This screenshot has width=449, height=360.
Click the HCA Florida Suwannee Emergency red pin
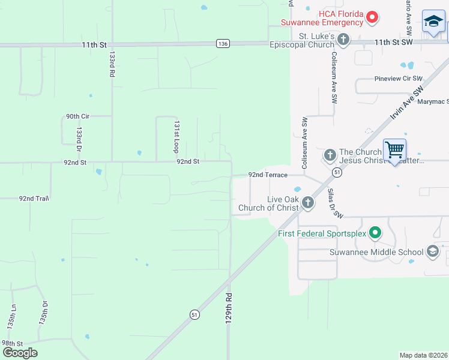point(372,17)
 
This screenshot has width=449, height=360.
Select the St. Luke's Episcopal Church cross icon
point(343,40)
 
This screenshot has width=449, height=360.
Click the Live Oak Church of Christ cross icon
point(307,202)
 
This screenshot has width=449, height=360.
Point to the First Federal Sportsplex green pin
point(375,232)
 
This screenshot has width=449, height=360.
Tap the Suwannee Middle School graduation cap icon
point(432,252)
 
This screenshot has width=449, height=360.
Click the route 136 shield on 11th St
point(223,44)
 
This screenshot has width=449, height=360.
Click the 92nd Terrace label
point(268,175)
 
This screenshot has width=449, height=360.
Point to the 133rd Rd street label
point(112,64)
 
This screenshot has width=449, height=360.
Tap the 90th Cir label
point(77,116)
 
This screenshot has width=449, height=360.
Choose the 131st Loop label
point(176,136)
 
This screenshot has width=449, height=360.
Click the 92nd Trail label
point(34,198)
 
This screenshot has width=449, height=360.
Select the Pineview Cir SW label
point(399,79)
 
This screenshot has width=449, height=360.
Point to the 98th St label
point(12,343)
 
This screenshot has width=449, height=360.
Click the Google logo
point(20,353)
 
